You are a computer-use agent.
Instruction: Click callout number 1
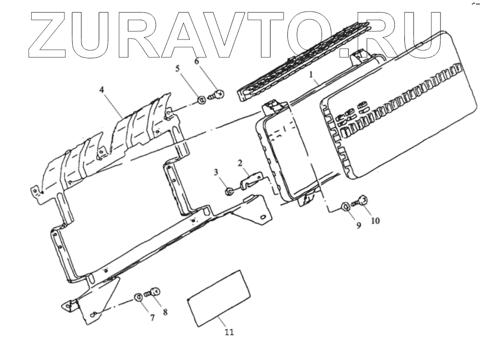point(311,75)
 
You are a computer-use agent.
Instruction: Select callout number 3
point(216,173)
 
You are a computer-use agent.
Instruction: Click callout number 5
point(178,69)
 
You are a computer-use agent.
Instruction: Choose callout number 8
point(165,312)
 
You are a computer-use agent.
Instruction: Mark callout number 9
point(358,225)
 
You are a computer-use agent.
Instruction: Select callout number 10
point(375,221)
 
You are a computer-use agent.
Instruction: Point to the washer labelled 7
point(137,296)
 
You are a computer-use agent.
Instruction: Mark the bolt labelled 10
point(361,201)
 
